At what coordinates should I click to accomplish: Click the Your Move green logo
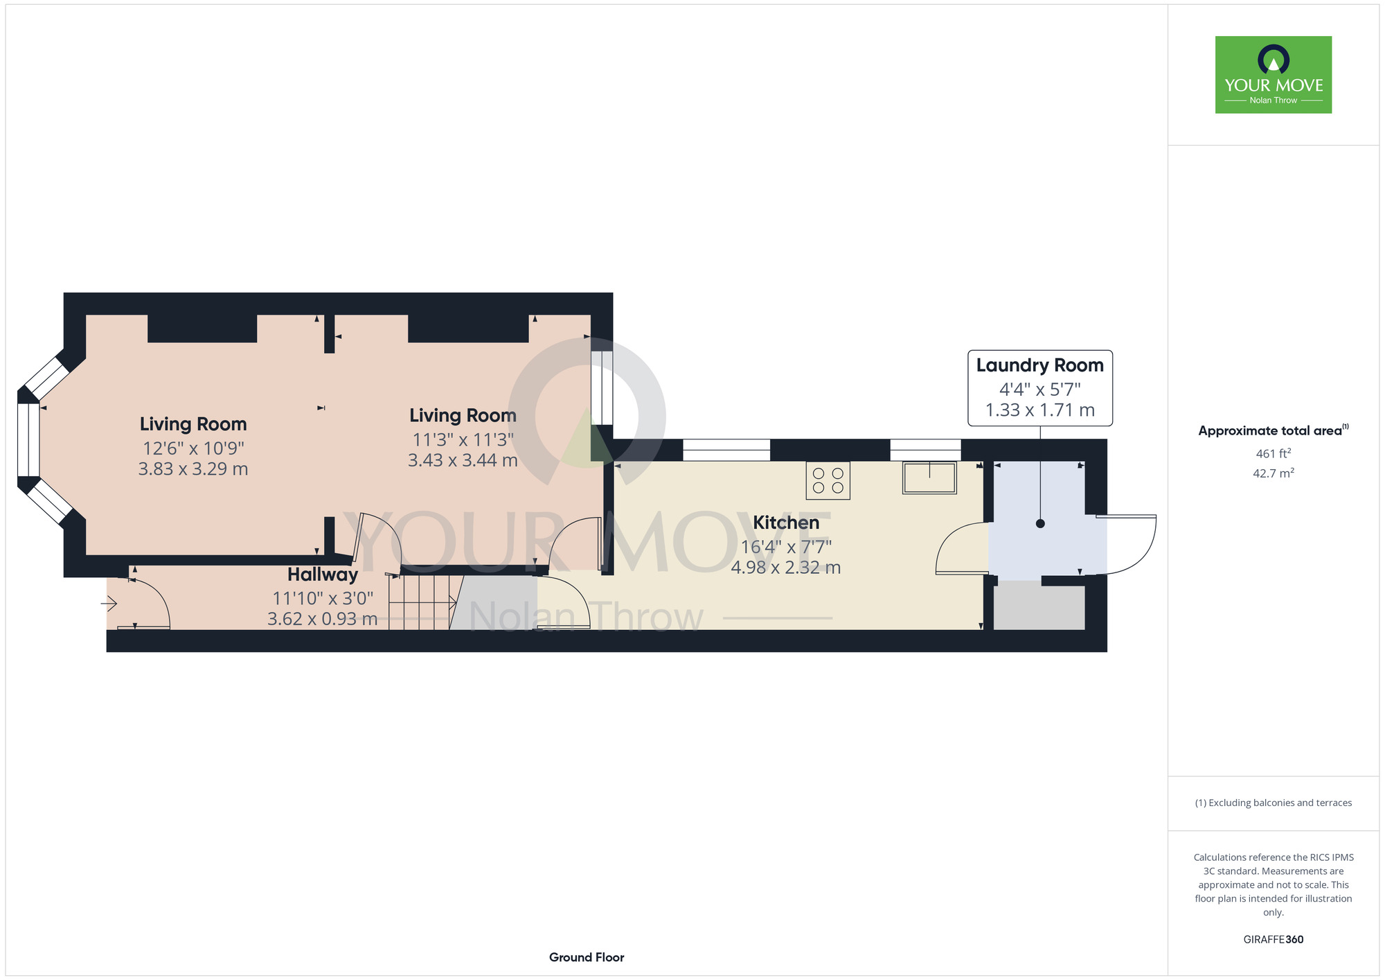pyautogui.click(x=1273, y=75)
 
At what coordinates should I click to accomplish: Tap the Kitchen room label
pyautogui.click(x=786, y=523)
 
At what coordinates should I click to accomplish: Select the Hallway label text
pyautogui.click(x=323, y=575)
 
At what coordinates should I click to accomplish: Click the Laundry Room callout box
pyautogui.click(x=1040, y=387)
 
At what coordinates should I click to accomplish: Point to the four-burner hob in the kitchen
pyautogui.click(x=828, y=481)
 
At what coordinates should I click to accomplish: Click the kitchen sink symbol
pyautogui.click(x=929, y=478)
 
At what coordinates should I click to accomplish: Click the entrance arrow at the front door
pyautogui.click(x=109, y=604)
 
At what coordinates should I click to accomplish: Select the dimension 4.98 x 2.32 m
pyautogui.click(x=786, y=568)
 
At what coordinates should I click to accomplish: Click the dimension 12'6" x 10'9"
pyautogui.click(x=193, y=448)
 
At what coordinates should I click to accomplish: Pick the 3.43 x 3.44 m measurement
pyautogui.click(x=463, y=460)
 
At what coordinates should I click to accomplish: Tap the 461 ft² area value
pyautogui.click(x=1274, y=453)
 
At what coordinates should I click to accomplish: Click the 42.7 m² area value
pyautogui.click(x=1274, y=473)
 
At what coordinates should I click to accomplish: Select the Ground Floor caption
pyautogui.click(x=587, y=957)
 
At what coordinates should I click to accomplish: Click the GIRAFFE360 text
pyautogui.click(x=1274, y=940)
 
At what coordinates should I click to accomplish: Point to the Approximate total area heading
pyautogui.click(x=1274, y=430)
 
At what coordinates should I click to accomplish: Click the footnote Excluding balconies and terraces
pyautogui.click(x=1274, y=803)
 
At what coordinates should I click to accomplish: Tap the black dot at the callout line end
pyautogui.click(x=1040, y=523)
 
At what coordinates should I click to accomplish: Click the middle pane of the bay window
pyautogui.click(x=28, y=440)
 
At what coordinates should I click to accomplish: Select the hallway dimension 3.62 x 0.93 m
pyautogui.click(x=323, y=619)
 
